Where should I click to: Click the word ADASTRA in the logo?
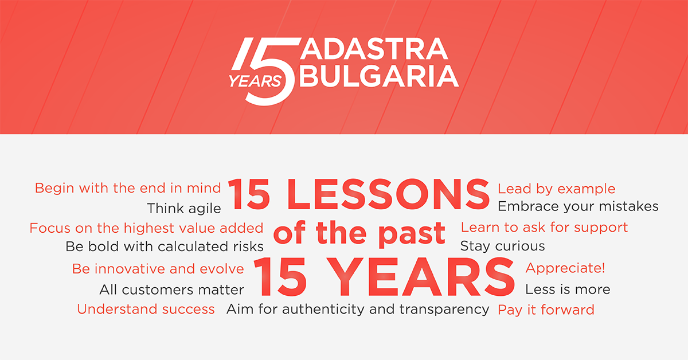[x=374, y=49]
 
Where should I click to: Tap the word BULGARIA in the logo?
[x=379, y=76]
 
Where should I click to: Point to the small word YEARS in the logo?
[x=255, y=81]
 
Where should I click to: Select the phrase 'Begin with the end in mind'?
[x=128, y=188]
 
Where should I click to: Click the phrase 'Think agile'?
[x=184, y=209]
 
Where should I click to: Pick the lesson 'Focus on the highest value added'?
[x=147, y=228]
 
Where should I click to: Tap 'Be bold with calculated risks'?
[x=165, y=246]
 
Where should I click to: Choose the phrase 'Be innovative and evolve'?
[x=158, y=269]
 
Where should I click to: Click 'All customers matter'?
[x=171, y=289]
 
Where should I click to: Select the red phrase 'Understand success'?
[x=146, y=309]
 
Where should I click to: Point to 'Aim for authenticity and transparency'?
[x=358, y=310]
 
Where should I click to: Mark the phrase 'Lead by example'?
[x=557, y=189]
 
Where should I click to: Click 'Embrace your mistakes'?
[x=578, y=207]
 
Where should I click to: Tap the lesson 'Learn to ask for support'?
[x=544, y=228]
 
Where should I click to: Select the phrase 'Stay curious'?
[x=502, y=246]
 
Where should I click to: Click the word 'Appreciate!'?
[x=565, y=268]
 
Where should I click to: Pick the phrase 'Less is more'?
[x=568, y=289]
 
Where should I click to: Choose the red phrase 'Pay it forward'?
[x=546, y=310]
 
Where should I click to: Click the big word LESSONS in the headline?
[x=388, y=195]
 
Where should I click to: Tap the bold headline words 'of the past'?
[x=359, y=233]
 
